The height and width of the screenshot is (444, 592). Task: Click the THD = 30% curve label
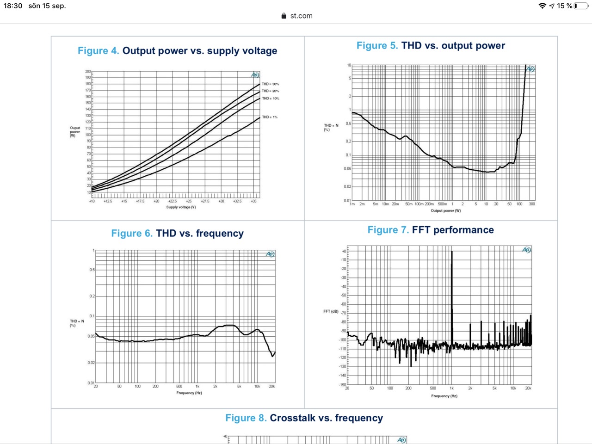point(270,84)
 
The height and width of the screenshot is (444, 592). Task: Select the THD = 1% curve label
point(270,117)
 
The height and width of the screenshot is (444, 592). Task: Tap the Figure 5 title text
point(431,45)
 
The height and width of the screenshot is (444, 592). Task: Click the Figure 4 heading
point(177,51)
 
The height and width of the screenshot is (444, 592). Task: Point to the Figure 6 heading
point(177,233)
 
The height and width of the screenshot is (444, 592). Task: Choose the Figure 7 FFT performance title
point(431,230)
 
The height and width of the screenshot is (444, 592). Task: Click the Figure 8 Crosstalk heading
point(304,418)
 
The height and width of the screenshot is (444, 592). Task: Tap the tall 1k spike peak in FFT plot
point(452,253)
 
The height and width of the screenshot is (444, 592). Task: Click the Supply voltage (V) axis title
point(181,207)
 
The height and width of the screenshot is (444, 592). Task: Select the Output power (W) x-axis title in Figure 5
point(445,211)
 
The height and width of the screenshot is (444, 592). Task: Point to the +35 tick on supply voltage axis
point(253,201)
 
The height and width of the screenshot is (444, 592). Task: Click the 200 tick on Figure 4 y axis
point(88,72)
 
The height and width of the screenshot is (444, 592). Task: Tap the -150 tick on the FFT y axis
point(342,385)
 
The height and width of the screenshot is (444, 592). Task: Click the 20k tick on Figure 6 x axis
point(272,386)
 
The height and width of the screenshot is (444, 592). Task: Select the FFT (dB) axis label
point(331,311)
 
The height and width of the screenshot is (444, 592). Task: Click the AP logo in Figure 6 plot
point(270,254)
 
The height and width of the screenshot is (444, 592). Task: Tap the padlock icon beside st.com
point(284,16)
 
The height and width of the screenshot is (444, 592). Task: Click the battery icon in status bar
point(581,6)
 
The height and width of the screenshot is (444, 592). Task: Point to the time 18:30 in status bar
point(13,6)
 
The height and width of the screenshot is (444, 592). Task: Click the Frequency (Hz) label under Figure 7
point(444,396)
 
